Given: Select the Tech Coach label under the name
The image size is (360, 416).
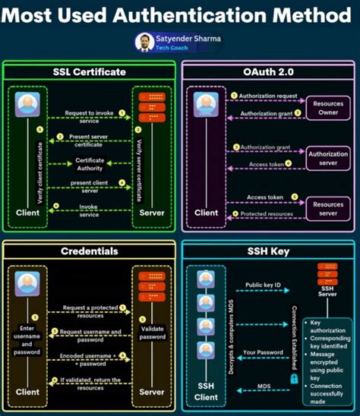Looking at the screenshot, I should pyautogui.click(x=172, y=48).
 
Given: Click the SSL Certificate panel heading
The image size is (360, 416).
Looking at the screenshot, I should pyautogui.click(x=90, y=72).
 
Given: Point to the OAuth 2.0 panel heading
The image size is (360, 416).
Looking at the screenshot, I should pyautogui.click(x=270, y=72).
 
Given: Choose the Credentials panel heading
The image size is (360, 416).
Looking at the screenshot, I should pyautogui.click(x=89, y=251).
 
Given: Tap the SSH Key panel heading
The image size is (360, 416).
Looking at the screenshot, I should pyautogui.click(x=270, y=251).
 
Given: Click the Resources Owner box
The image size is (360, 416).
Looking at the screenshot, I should pyautogui.click(x=327, y=106).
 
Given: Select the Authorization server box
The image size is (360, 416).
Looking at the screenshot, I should pyautogui.click(x=327, y=158).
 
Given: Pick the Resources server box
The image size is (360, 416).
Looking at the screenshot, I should pyautogui.click(x=327, y=209).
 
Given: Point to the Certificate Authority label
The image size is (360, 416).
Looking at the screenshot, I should pyautogui.click(x=90, y=164).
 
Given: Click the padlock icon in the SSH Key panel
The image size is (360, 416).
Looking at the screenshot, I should pyautogui.click(x=293, y=377).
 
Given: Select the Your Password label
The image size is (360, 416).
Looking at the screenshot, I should pyautogui.click(x=264, y=352).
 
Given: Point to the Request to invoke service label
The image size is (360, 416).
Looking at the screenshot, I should pyautogui.click(x=90, y=116).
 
